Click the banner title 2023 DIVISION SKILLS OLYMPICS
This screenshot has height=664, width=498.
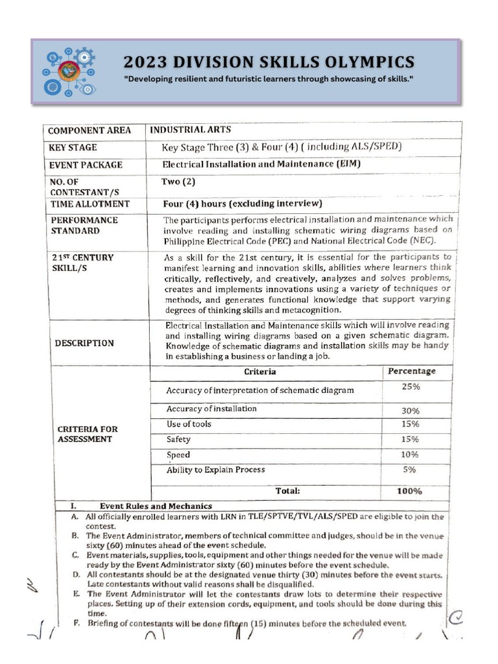tap(268, 62)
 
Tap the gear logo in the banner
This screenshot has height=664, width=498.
tap(67, 71)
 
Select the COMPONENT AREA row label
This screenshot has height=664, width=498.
tap(89, 130)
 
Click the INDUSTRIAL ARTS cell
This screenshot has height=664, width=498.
tap(186, 129)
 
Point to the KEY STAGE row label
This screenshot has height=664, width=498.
tap(73, 148)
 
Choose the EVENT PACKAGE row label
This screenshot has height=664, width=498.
tap(86, 165)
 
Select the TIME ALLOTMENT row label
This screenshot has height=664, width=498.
tap(89, 204)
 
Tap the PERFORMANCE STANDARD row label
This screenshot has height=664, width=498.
tap(84, 225)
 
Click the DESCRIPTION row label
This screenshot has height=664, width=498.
tap(84, 343)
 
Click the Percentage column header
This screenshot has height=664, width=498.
tap(411, 371)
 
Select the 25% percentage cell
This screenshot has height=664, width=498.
tap(410, 386)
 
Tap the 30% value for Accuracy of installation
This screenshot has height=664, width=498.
tap(410, 410)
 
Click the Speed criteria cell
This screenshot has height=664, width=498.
tap(178, 455)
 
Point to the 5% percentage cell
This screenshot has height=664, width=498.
tap(410, 469)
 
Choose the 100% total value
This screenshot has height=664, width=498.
tap(409, 491)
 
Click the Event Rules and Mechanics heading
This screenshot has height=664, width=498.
tap(156, 506)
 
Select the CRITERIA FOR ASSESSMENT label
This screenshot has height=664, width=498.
tap(88, 434)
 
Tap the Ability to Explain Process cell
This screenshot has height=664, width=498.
tap(215, 469)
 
